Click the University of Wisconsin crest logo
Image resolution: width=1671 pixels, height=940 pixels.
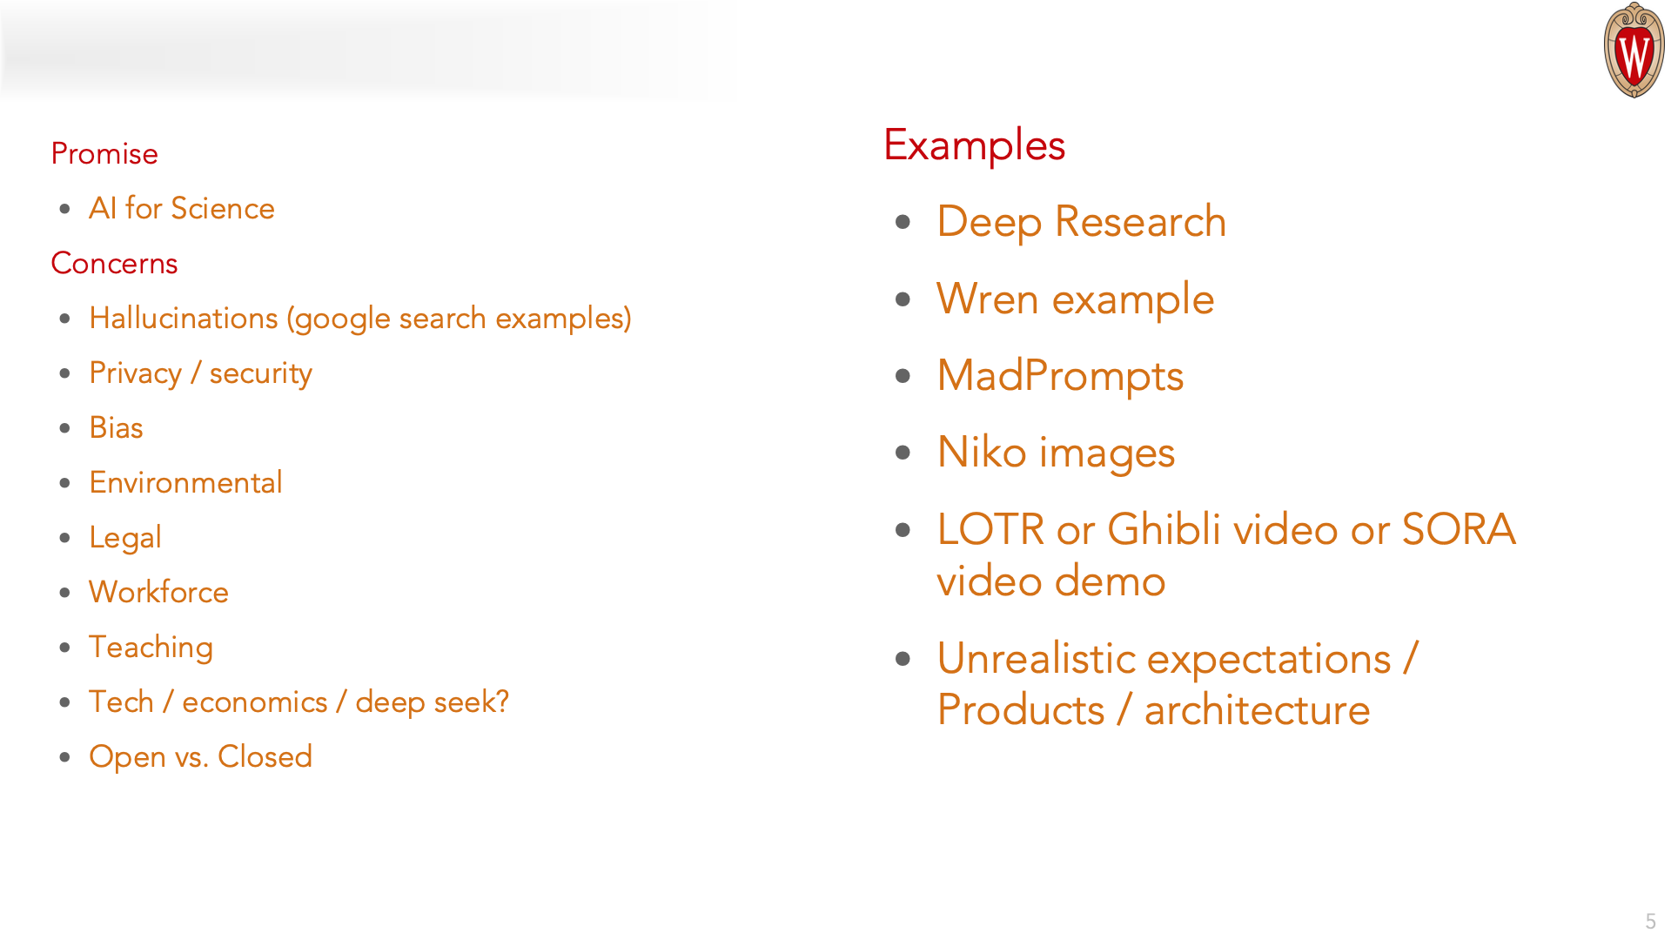pyautogui.click(x=1634, y=50)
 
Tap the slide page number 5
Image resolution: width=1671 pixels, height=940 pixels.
pyautogui.click(x=1650, y=921)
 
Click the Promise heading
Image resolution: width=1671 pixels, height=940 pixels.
pyautogui.click(x=104, y=153)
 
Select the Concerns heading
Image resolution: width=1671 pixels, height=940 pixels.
pyautogui.click(x=114, y=263)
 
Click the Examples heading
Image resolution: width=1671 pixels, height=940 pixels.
pyautogui.click(x=975, y=145)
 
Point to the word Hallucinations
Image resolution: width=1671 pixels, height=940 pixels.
pyautogui.click(x=184, y=319)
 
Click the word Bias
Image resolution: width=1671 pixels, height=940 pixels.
pyautogui.click(x=116, y=427)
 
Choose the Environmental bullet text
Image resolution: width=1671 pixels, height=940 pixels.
pyautogui.click(x=185, y=482)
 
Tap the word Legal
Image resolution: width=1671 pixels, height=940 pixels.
pyautogui.click(x=125, y=538)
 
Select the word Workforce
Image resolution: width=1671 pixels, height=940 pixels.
pyautogui.click(x=158, y=592)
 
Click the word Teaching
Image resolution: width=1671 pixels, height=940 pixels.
pyautogui.click(x=151, y=648)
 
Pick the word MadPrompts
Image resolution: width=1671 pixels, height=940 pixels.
pyautogui.click(x=1060, y=376)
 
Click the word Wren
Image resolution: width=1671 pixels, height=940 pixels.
pyautogui.click(x=988, y=299)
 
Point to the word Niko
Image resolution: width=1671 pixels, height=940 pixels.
pyautogui.click(x=982, y=453)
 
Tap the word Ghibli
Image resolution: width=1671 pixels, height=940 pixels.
pyautogui.click(x=1164, y=529)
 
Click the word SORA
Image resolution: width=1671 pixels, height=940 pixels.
pyautogui.click(x=1459, y=529)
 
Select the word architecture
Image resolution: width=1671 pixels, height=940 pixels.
pyautogui.click(x=1257, y=710)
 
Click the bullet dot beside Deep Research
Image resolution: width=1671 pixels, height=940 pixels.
pyautogui.click(x=903, y=222)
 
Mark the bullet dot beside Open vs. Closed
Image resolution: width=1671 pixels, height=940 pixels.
pyautogui.click(x=65, y=757)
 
